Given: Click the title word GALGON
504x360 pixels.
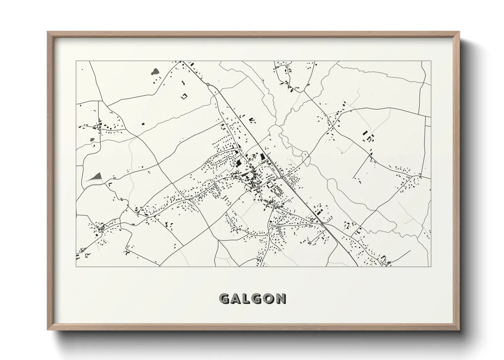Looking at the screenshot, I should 252,299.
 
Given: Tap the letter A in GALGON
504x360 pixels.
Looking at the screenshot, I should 237,299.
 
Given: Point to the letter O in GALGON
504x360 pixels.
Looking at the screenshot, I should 269,299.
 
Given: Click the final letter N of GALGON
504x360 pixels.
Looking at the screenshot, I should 281,299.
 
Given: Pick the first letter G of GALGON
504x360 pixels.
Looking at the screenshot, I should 225,299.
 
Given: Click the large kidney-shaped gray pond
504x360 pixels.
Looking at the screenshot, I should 155,71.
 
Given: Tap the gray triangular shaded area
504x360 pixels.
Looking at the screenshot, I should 97,176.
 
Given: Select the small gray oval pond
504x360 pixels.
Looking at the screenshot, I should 92,139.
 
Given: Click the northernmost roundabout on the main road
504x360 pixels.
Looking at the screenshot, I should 208,84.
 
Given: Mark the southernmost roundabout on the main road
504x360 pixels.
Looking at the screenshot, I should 322,224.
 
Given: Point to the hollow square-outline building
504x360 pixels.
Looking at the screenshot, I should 185,96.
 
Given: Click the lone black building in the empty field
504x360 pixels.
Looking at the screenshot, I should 143,124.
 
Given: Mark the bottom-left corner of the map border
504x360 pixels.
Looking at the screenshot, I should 76,266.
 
